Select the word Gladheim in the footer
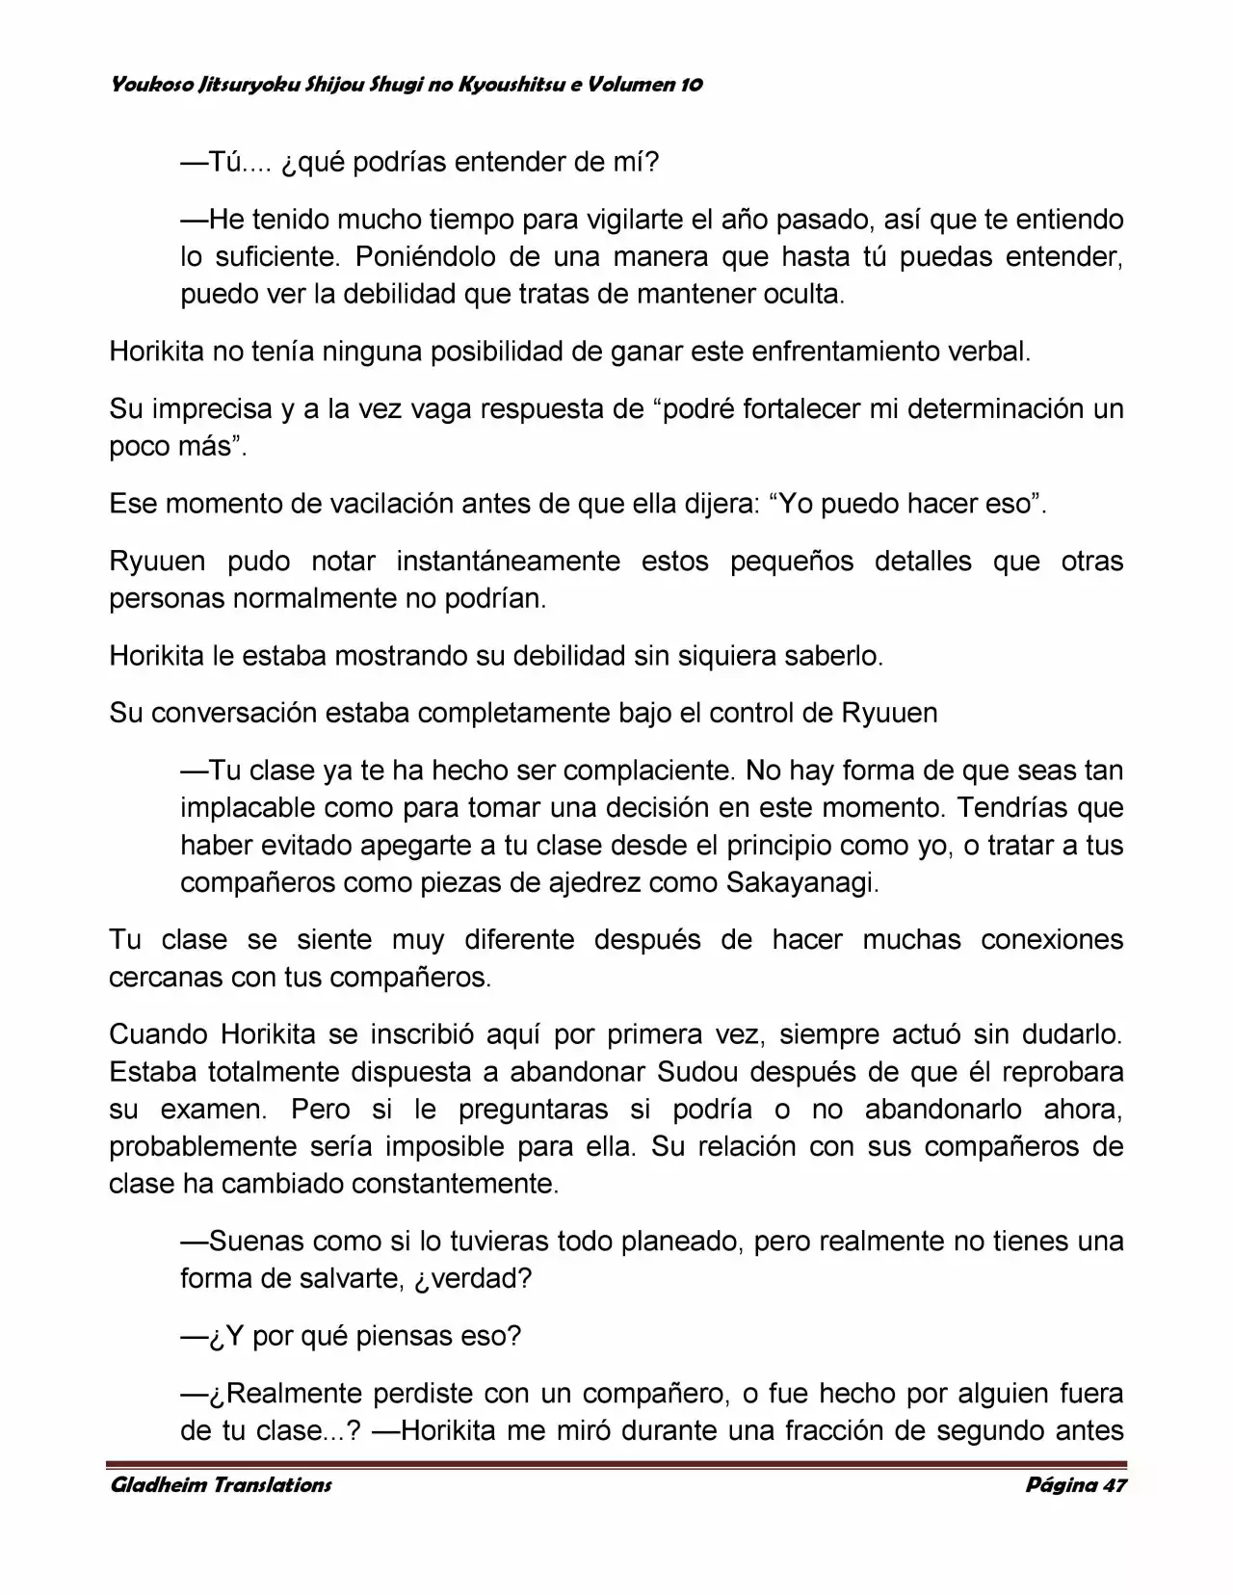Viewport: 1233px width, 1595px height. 155,1484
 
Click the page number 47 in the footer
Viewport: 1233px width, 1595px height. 1115,1484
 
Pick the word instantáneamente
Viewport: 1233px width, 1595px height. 508,562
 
